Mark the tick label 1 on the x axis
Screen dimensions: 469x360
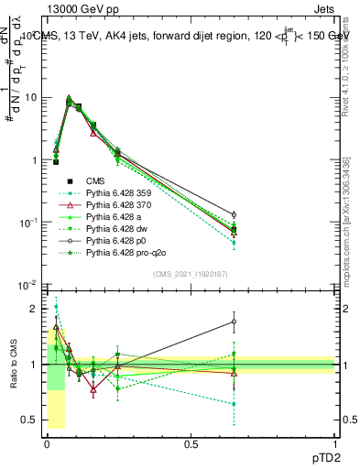click(x=334, y=443)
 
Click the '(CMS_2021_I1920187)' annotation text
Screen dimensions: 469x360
click(x=190, y=273)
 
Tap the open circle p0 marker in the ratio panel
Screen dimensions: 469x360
click(x=235, y=322)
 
